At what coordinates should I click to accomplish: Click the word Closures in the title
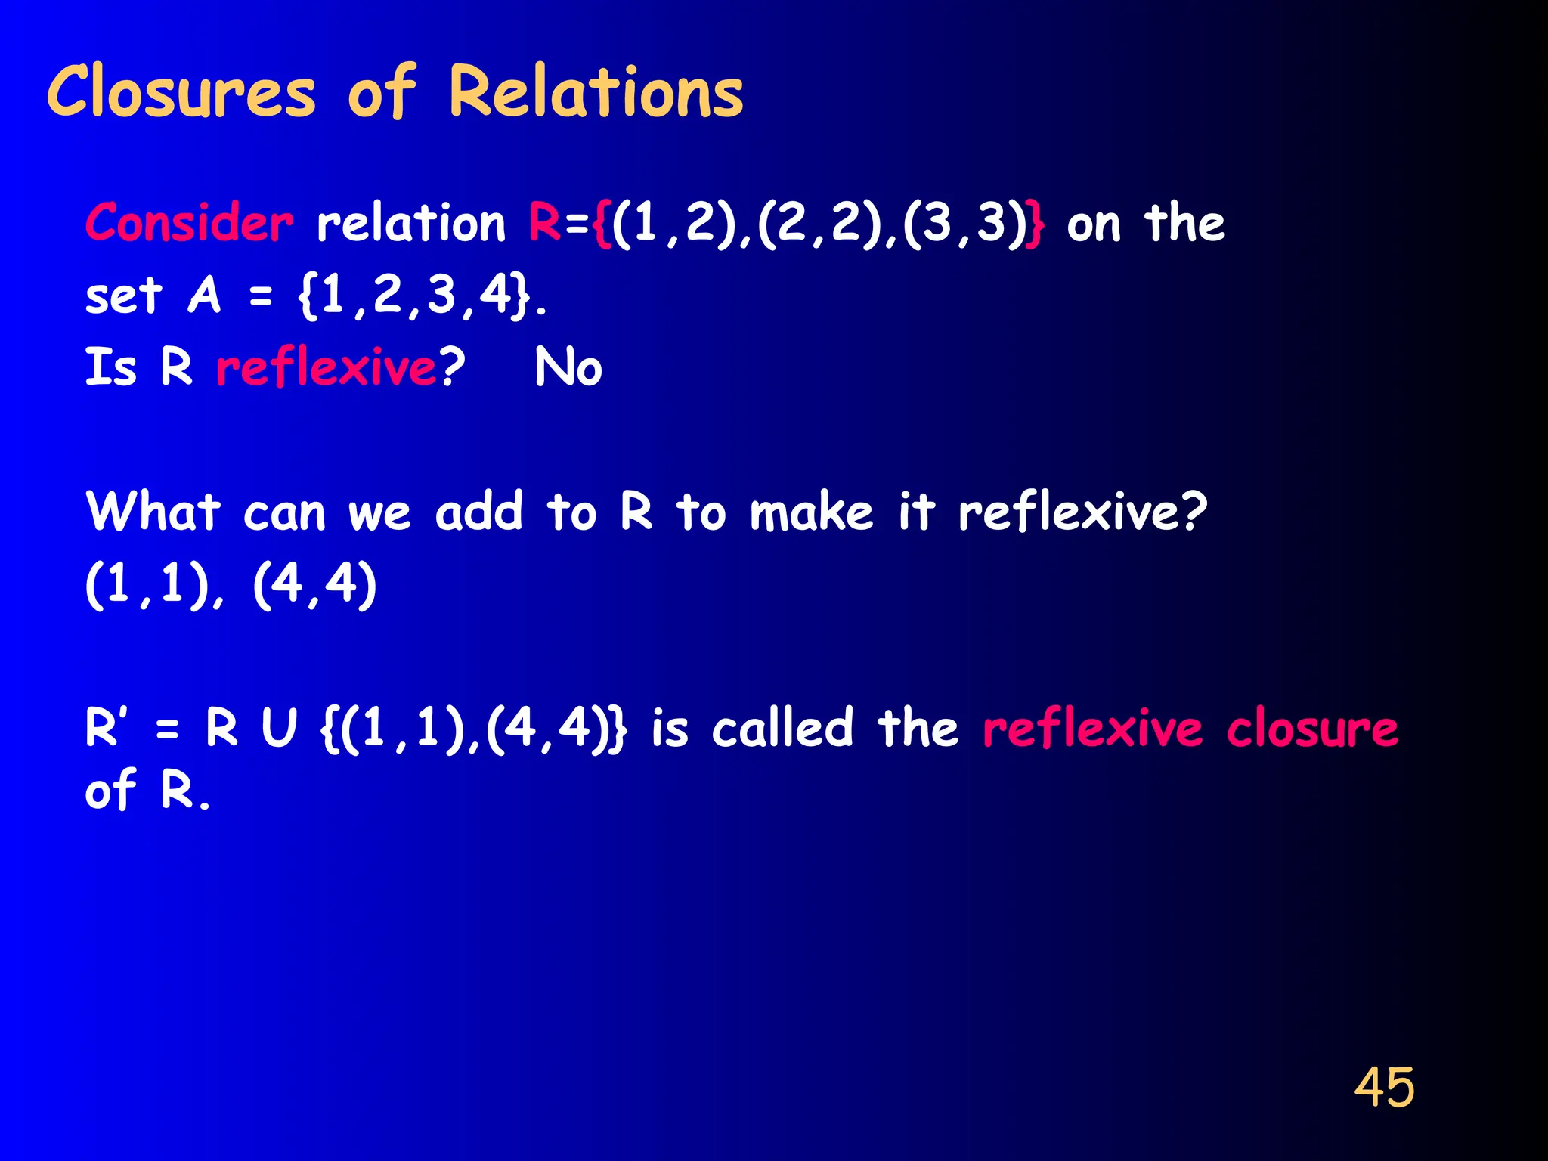click(181, 92)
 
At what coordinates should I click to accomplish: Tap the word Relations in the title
click(596, 92)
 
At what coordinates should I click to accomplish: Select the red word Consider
click(189, 224)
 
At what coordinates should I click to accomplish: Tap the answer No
click(568, 367)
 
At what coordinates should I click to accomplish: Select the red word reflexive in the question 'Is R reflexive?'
click(327, 367)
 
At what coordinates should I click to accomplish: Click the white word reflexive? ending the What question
click(1082, 512)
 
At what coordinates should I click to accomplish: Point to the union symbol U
click(279, 729)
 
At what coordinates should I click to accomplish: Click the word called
click(782, 729)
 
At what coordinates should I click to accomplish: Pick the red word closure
click(1312, 729)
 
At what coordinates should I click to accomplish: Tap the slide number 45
click(1384, 1088)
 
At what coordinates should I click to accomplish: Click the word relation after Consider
click(410, 224)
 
